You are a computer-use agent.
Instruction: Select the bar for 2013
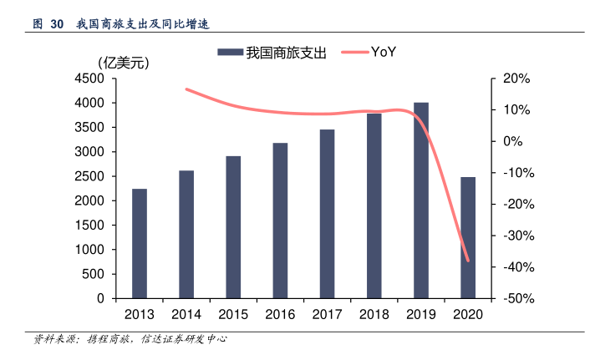click(x=140, y=244)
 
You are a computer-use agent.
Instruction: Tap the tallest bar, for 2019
click(x=421, y=200)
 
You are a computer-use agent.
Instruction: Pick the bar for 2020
click(x=468, y=238)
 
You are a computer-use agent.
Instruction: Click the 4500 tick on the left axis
click(x=89, y=79)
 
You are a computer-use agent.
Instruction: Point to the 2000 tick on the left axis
click(x=89, y=201)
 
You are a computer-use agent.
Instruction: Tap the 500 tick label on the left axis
click(x=93, y=275)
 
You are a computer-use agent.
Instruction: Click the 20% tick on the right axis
click(x=516, y=79)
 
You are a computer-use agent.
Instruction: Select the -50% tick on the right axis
click(x=514, y=299)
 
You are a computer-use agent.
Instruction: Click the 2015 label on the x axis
click(x=233, y=314)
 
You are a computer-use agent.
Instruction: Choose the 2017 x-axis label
click(x=327, y=314)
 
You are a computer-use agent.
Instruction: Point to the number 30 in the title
click(x=57, y=24)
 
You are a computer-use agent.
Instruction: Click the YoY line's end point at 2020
click(x=468, y=261)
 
